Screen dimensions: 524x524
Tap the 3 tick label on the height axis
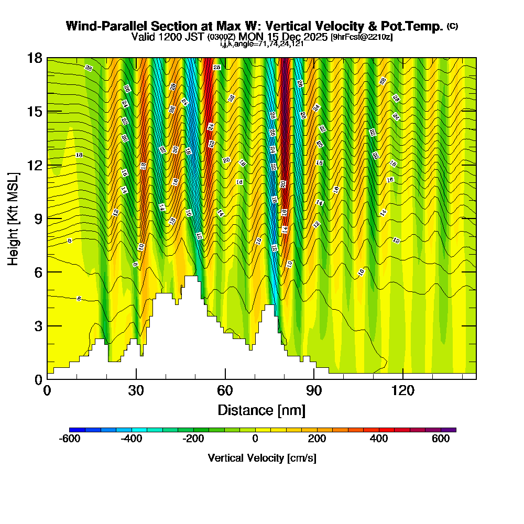click(x=38, y=326)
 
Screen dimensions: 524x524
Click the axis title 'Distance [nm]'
click(x=261, y=410)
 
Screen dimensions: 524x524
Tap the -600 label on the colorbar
click(x=70, y=440)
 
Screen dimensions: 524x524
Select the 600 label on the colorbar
click(x=441, y=440)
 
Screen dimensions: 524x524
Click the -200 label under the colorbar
click(x=193, y=440)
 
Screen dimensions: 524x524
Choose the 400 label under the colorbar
click(x=379, y=440)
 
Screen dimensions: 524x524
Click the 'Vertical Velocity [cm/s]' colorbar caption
click(x=262, y=458)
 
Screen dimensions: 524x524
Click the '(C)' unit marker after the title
click(x=452, y=26)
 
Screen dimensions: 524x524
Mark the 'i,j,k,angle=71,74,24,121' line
click(x=262, y=44)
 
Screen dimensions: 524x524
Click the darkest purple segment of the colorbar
click(x=451, y=429)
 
